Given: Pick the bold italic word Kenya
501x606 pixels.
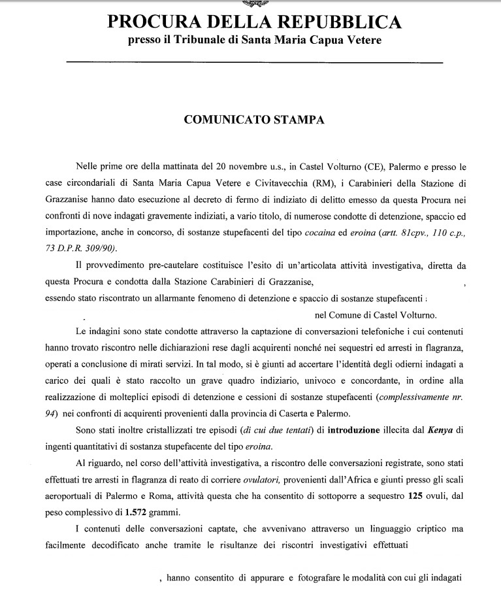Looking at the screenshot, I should (421, 431).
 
